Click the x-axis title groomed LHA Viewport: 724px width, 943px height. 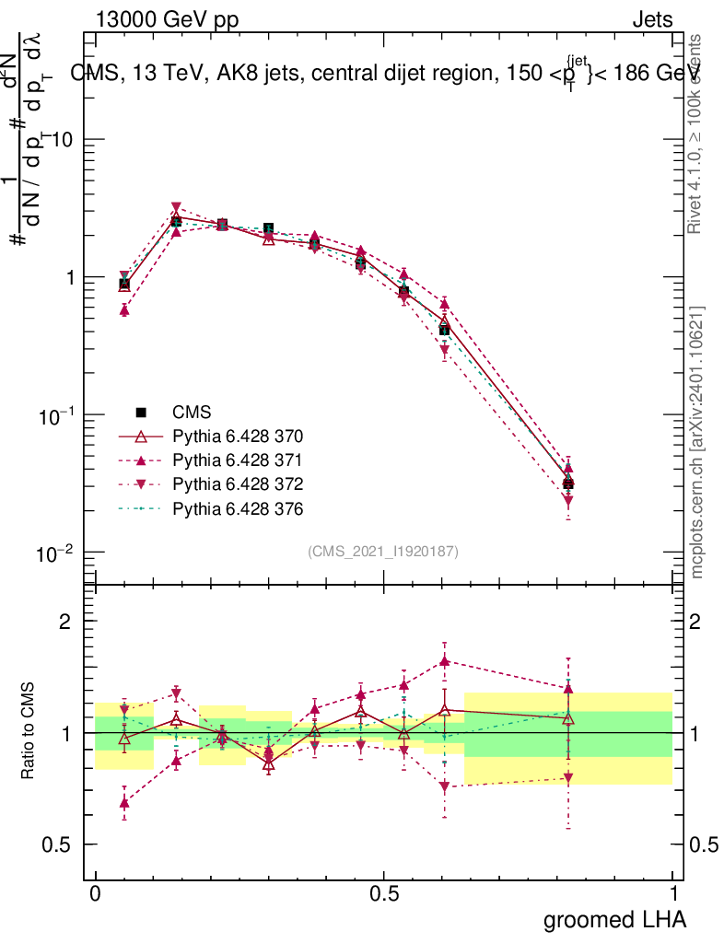point(614,919)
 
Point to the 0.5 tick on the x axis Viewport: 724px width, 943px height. point(384,893)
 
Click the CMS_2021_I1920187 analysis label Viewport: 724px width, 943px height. point(383,552)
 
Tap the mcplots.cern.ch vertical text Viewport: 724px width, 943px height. point(698,442)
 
